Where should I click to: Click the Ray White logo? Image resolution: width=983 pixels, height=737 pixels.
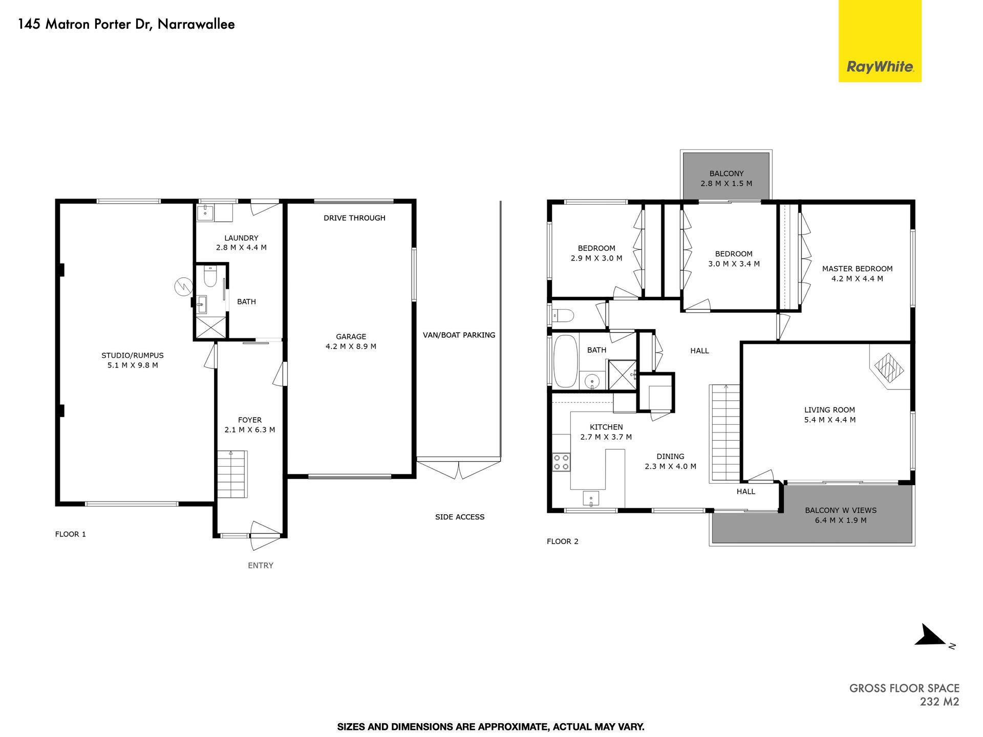click(880, 41)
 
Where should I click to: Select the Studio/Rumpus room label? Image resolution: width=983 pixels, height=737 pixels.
click(133, 355)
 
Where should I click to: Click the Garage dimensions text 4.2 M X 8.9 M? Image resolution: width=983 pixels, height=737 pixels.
click(351, 346)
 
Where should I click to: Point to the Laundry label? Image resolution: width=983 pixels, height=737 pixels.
click(241, 238)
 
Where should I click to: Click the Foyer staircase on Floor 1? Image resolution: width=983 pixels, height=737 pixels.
click(232, 474)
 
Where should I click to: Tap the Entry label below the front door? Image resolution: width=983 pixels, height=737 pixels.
click(261, 566)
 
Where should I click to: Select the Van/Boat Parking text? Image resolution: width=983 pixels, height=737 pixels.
click(459, 335)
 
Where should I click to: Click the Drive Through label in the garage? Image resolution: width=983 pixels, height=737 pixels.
click(354, 218)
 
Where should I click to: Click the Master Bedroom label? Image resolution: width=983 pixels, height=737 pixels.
click(858, 269)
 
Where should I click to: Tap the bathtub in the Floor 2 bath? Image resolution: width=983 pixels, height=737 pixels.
click(566, 361)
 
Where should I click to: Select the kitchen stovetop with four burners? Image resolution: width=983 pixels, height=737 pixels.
click(562, 462)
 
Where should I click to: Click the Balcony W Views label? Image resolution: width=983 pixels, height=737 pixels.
click(841, 510)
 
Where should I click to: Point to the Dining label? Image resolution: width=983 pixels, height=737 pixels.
click(671, 457)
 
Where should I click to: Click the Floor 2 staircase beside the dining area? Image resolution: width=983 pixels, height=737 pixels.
click(724, 433)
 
